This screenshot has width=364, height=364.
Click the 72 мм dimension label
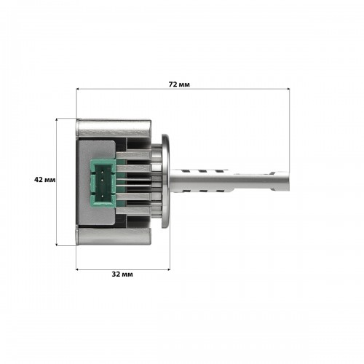coord(179,84)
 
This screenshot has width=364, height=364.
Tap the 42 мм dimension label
coord(45,180)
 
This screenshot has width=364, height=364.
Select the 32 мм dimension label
coord(122,274)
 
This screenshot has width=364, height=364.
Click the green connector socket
coord(102,183)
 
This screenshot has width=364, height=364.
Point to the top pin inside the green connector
coord(102,172)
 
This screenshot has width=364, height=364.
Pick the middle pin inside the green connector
coord(102,181)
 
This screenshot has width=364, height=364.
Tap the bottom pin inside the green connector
coord(102,196)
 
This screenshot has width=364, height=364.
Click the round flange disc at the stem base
coord(166,181)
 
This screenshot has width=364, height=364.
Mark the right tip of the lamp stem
coord(289,181)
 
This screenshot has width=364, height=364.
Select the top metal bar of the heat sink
coord(114,127)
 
